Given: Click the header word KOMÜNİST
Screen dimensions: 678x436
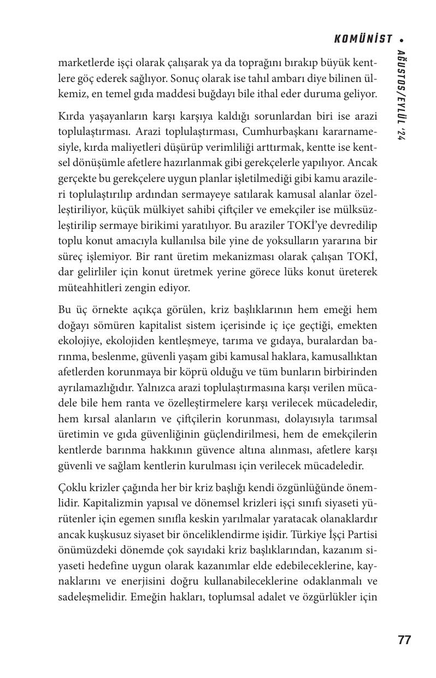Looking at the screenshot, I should tap(363, 39).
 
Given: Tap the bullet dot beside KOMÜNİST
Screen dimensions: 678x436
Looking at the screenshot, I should tap(402, 39).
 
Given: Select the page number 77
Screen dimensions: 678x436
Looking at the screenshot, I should tap(404, 640).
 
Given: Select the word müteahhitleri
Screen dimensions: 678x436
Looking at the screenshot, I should tap(87, 287).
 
